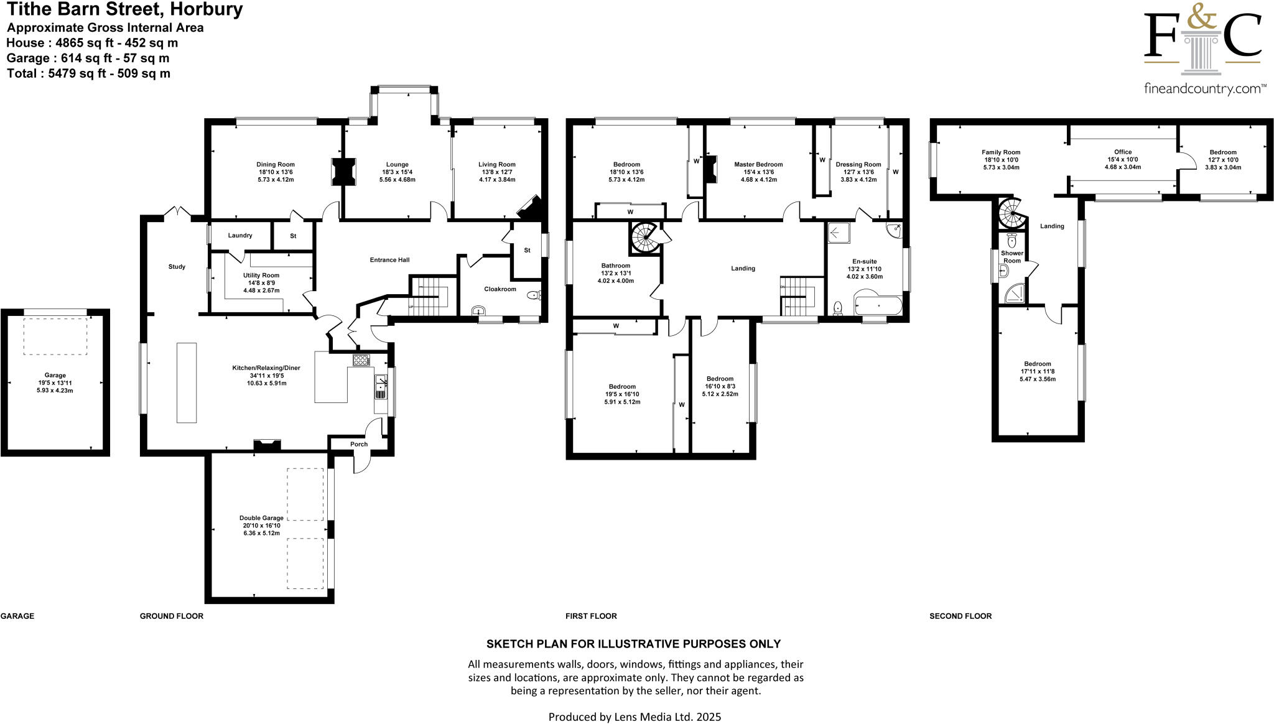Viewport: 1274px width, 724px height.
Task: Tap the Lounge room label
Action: pos(398,165)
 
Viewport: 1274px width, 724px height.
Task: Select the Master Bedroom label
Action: pos(758,165)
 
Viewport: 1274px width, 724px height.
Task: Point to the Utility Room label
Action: pos(261,275)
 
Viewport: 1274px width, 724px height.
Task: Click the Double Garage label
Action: pos(261,518)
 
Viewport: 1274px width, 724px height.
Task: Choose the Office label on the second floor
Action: pos(1123,152)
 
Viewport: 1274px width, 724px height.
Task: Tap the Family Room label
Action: pos(1001,152)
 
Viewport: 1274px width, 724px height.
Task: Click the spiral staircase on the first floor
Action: pos(644,238)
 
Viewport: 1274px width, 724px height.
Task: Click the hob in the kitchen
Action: pos(361,359)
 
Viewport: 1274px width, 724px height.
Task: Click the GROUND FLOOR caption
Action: pos(172,616)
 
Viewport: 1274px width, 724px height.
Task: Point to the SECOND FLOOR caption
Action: pos(960,616)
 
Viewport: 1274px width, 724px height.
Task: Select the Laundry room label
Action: pos(240,236)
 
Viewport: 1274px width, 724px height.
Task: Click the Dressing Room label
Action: pos(858,165)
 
